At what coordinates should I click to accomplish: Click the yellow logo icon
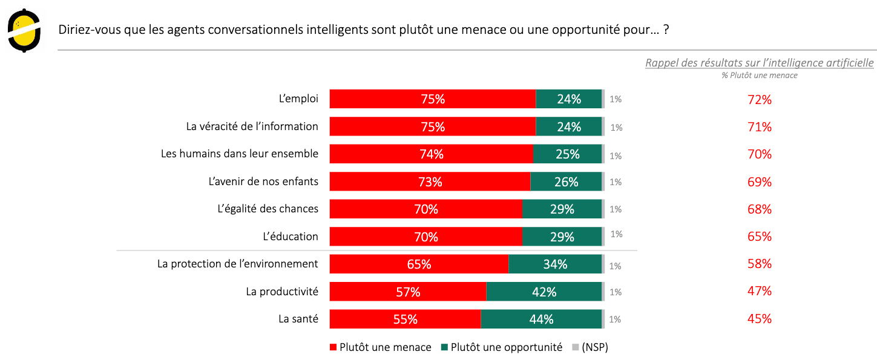point(24,31)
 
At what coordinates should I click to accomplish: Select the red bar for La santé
point(405,319)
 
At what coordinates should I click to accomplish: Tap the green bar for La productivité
point(544,292)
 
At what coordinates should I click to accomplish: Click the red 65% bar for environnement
point(419,264)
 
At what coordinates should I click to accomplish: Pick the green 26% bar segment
point(566,182)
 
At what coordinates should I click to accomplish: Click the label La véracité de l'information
point(252,126)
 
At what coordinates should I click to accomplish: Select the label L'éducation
point(291,237)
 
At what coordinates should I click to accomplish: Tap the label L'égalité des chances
point(268,209)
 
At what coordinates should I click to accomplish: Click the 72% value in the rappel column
point(760,100)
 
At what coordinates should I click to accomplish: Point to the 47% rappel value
point(760,291)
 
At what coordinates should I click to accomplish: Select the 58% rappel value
point(760,264)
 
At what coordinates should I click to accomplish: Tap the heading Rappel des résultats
point(759,63)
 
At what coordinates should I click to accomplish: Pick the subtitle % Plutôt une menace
point(759,76)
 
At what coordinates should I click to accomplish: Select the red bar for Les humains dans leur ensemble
point(431,154)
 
